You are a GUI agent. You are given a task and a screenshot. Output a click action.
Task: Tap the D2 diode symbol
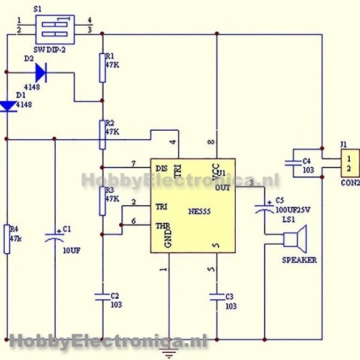[x=40, y=73]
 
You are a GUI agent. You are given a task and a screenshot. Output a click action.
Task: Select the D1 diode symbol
[x=8, y=106]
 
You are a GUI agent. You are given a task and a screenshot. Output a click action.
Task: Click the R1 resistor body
[x=102, y=67]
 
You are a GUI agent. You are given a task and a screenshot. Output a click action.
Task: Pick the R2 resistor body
[x=102, y=134]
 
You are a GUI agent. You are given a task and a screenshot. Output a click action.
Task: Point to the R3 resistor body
[x=102, y=200]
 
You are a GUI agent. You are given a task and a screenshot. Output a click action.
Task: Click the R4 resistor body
[x=8, y=239]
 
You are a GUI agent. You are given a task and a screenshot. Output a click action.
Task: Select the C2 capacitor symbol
[x=102, y=295]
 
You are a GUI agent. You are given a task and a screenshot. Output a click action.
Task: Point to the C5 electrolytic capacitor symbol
[x=264, y=209]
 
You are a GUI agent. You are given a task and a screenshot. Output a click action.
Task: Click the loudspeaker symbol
[x=295, y=239]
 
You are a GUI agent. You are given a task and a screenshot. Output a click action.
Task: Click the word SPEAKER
[x=299, y=260]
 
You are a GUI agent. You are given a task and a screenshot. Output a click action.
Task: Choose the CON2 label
[x=350, y=182]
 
